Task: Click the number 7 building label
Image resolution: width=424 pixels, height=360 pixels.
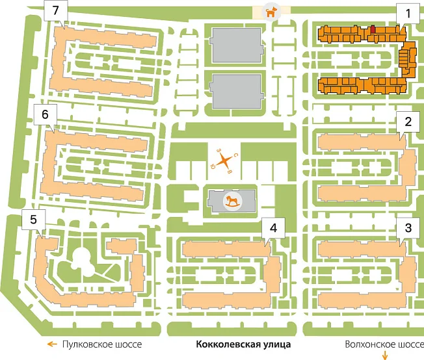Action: tap(56, 10)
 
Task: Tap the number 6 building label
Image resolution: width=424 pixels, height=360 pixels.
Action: tap(45, 114)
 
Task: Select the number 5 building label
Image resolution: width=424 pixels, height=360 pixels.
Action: tap(33, 219)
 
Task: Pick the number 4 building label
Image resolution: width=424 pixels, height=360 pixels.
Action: tap(273, 228)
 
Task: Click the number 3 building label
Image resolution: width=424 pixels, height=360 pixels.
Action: tap(408, 228)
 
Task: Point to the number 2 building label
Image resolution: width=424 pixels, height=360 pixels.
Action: tap(408, 122)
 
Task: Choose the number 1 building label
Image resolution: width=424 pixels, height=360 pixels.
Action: tap(408, 14)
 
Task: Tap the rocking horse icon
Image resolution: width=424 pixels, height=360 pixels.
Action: tap(232, 201)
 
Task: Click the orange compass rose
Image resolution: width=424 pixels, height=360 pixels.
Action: tap(224, 161)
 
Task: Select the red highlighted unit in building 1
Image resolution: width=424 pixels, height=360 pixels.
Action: tap(373, 29)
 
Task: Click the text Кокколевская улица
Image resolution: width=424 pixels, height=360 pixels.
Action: tap(243, 344)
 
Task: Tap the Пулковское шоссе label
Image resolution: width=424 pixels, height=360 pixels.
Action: tap(102, 344)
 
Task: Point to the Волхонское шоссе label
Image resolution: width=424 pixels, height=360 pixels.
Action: tap(384, 344)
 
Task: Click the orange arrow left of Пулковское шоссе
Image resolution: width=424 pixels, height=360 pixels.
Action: tap(52, 344)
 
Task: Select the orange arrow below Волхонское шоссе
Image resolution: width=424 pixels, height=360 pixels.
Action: tap(385, 355)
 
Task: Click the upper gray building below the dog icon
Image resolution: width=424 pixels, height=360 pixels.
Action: tap(237, 45)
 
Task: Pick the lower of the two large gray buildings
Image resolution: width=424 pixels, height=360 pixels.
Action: tap(237, 92)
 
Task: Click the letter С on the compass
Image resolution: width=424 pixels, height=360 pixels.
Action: tap(235, 155)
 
